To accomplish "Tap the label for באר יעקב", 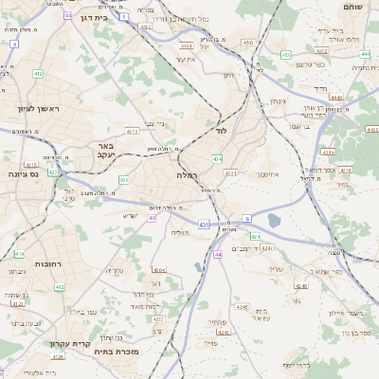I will click(105, 151).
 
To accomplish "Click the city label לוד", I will click(223, 130).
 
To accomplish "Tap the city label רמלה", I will click(186, 175).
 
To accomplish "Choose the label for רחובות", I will click(48, 264).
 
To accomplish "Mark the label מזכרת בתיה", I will click(118, 352).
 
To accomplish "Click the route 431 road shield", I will click(204, 225).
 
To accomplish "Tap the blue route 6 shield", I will click(247, 217).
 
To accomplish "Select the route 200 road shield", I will click(123, 179).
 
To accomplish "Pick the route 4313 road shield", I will click(133, 131).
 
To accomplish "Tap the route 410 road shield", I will click(19, 254).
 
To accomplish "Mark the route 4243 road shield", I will click(266, 248).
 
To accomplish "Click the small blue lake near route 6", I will click(274, 221).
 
